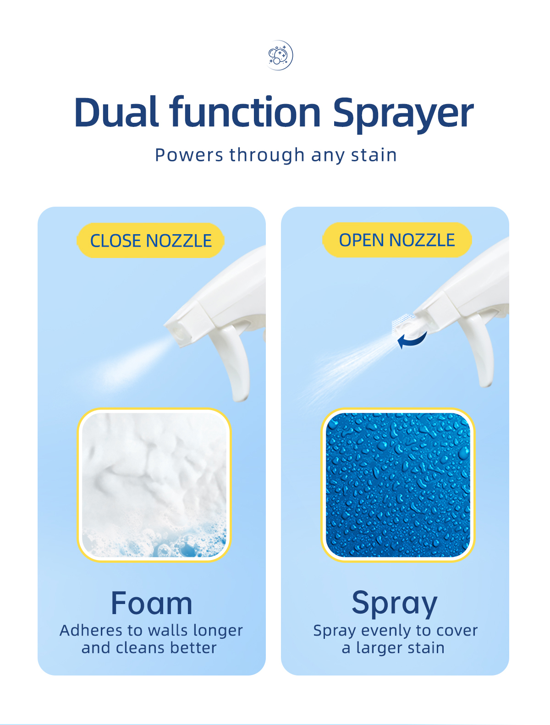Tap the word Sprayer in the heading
(403, 114)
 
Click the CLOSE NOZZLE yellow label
(150, 241)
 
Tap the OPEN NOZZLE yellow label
(396, 240)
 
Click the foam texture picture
(154, 484)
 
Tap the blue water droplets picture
(398, 484)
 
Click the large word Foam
(151, 604)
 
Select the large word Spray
(395, 604)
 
